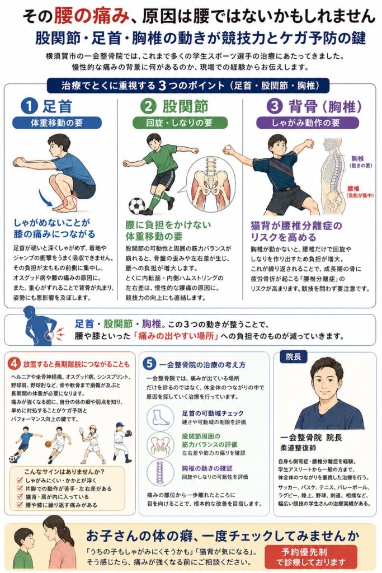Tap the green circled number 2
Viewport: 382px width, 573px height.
tap(148, 106)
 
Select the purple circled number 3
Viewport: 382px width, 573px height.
tap(275, 106)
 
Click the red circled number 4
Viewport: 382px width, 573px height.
tap(14, 364)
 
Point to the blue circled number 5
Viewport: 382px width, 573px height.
tap(149, 364)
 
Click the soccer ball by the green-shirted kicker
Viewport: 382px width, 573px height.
tap(136, 206)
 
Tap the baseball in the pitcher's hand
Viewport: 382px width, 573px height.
tap(228, 148)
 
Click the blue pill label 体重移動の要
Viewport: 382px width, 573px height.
tap(56, 123)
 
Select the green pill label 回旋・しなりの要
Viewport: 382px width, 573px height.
tap(180, 123)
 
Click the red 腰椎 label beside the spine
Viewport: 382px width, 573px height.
tap(353, 189)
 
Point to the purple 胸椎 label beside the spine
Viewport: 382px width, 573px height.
tap(357, 158)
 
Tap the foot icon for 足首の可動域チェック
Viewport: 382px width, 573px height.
tap(161, 418)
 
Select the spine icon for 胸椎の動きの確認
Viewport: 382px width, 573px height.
tap(161, 472)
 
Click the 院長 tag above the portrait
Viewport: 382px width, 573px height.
tap(293, 356)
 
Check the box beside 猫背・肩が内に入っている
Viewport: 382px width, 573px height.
tap(20, 497)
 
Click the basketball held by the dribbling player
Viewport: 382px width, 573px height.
tap(48, 444)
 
